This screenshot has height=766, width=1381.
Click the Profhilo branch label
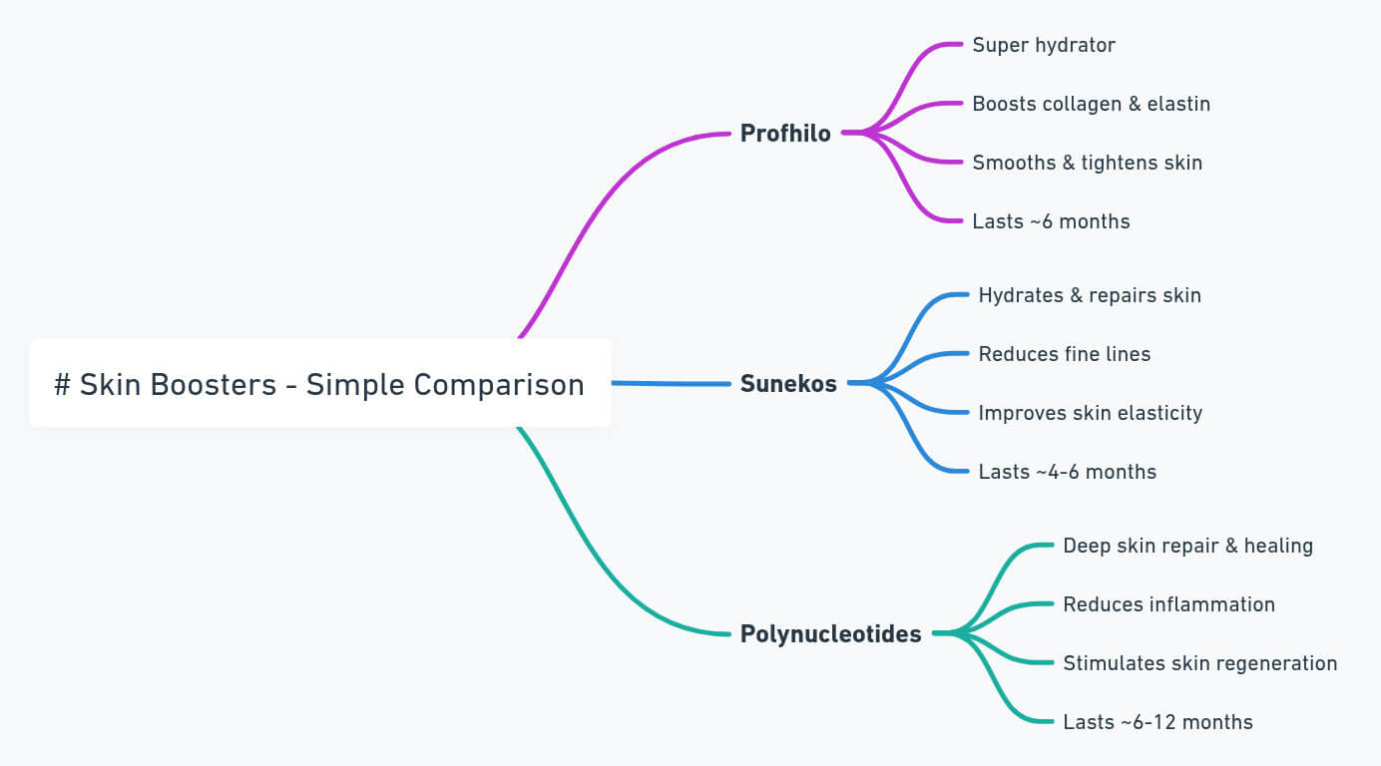[x=785, y=133]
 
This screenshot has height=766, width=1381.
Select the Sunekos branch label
[x=788, y=383]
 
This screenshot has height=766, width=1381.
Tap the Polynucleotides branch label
[x=830, y=633]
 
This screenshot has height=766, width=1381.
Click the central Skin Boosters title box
[x=319, y=383]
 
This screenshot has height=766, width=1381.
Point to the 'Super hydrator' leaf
[x=1044, y=45]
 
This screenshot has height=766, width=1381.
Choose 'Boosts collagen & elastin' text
[x=1091, y=104]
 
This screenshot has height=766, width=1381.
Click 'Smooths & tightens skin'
[x=1087, y=163]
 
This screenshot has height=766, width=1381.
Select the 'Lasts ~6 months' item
[x=1051, y=221]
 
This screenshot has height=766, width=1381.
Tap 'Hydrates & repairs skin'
[x=1090, y=295]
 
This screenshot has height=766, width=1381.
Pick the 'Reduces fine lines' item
[x=1064, y=354]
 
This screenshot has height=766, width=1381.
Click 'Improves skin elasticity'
[x=1090, y=413]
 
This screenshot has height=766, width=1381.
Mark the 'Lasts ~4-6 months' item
[x=1067, y=472]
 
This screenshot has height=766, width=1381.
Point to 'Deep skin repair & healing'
[x=1187, y=546]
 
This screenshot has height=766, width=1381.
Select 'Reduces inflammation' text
[x=1168, y=604]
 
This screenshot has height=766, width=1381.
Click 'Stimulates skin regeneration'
[x=1199, y=663]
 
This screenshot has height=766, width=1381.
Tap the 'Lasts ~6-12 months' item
[x=1157, y=722]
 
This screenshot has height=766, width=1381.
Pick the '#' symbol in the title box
[x=62, y=384]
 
